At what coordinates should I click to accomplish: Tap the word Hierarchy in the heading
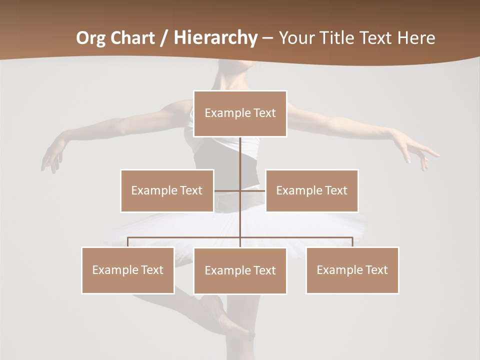pyautogui.click(x=215, y=38)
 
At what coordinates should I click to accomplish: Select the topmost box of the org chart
pyautogui.click(x=240, y=113)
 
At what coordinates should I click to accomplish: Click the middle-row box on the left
pyautogui.click(x=167, y=190)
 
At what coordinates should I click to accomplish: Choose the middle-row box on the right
pyautogui.click(x=312, y=190)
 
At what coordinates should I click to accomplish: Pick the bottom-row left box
pyautogui.click(x=128, y=270)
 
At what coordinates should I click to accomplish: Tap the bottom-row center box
pyautogui.click(x=240, y=270)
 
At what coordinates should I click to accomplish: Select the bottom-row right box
pyautogui.click(x=352, y=270)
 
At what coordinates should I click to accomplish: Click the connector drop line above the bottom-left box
pyautogui.click(x=128, y=242)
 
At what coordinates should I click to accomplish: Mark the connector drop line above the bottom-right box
pyautogui.click(x=352, y=242)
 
